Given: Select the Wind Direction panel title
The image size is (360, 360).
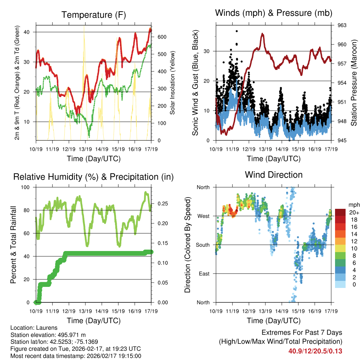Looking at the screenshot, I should click(x=274, y=175).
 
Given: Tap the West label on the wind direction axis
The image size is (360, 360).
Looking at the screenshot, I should click(x=203, y=216).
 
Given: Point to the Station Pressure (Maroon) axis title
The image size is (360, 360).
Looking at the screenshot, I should click(x=354, y=83).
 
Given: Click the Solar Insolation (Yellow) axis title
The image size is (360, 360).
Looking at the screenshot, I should click(x=172, y=83).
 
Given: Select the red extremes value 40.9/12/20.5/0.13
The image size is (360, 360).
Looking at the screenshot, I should click(x=315, y=351).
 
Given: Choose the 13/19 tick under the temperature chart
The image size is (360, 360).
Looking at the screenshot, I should click(x=85, y=149).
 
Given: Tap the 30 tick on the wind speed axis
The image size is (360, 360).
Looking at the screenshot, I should click(x=207, y=51).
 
